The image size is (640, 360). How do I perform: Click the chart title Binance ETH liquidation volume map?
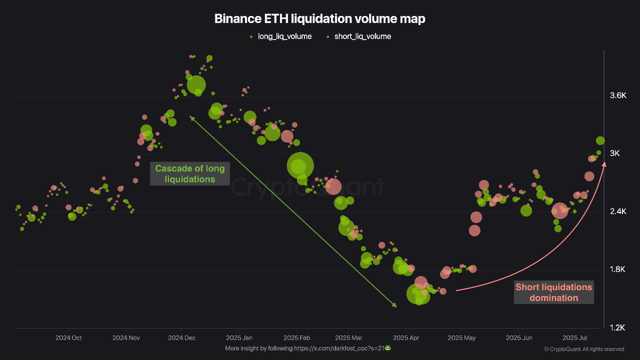coord(319,18)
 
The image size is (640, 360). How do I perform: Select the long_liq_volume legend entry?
coord(280,36)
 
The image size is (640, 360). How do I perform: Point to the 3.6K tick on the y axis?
coord(618,95)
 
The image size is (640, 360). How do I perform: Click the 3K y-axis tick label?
coord(614,153)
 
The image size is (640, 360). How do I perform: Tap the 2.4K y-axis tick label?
coord(618,211)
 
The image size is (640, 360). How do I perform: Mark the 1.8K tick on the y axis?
coord(618,269)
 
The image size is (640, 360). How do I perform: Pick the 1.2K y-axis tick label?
coord(618,327)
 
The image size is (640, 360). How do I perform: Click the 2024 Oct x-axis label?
coord(68,338)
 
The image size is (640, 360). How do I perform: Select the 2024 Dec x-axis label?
coord(182,338)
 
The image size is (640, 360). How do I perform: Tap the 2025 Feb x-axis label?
coord(296,338)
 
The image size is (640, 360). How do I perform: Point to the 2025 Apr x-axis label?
coord(406,338)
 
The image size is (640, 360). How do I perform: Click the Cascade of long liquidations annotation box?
coord(189,173)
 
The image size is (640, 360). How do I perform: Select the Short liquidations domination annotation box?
coord(553,292)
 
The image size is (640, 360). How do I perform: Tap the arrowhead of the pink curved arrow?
coord(604,163)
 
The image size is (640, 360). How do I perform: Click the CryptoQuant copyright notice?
coord(583,349)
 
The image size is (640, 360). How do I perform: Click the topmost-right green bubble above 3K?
coord(600,140)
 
